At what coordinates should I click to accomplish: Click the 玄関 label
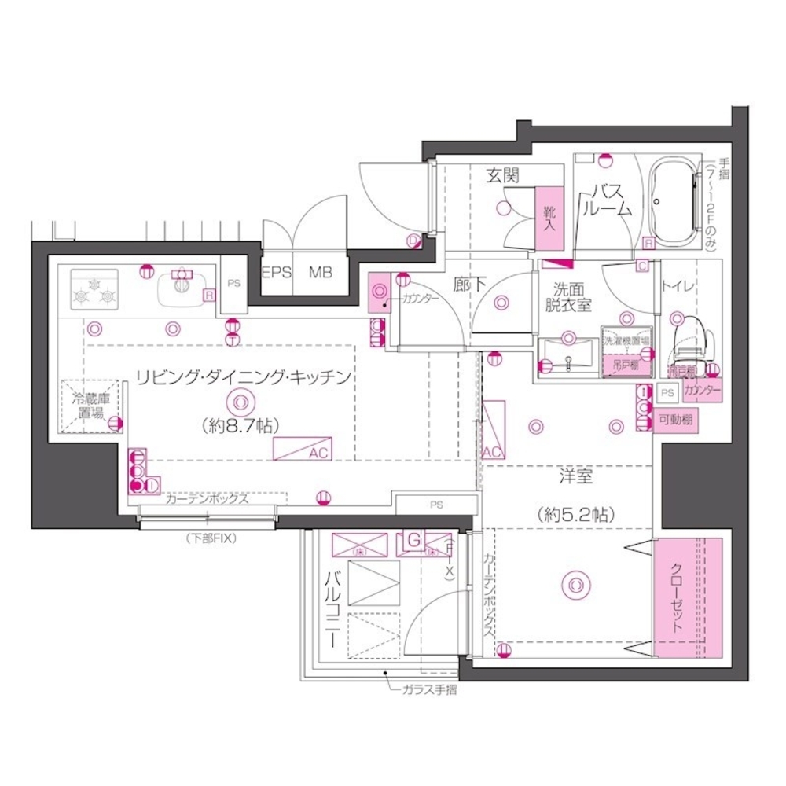[501, 177]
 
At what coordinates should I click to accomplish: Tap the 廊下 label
[469, 285]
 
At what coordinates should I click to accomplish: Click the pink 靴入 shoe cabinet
[550, 213]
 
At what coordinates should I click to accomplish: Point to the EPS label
[277, 274]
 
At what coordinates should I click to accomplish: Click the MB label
[320, 274]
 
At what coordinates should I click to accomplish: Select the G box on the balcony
[414, 541]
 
